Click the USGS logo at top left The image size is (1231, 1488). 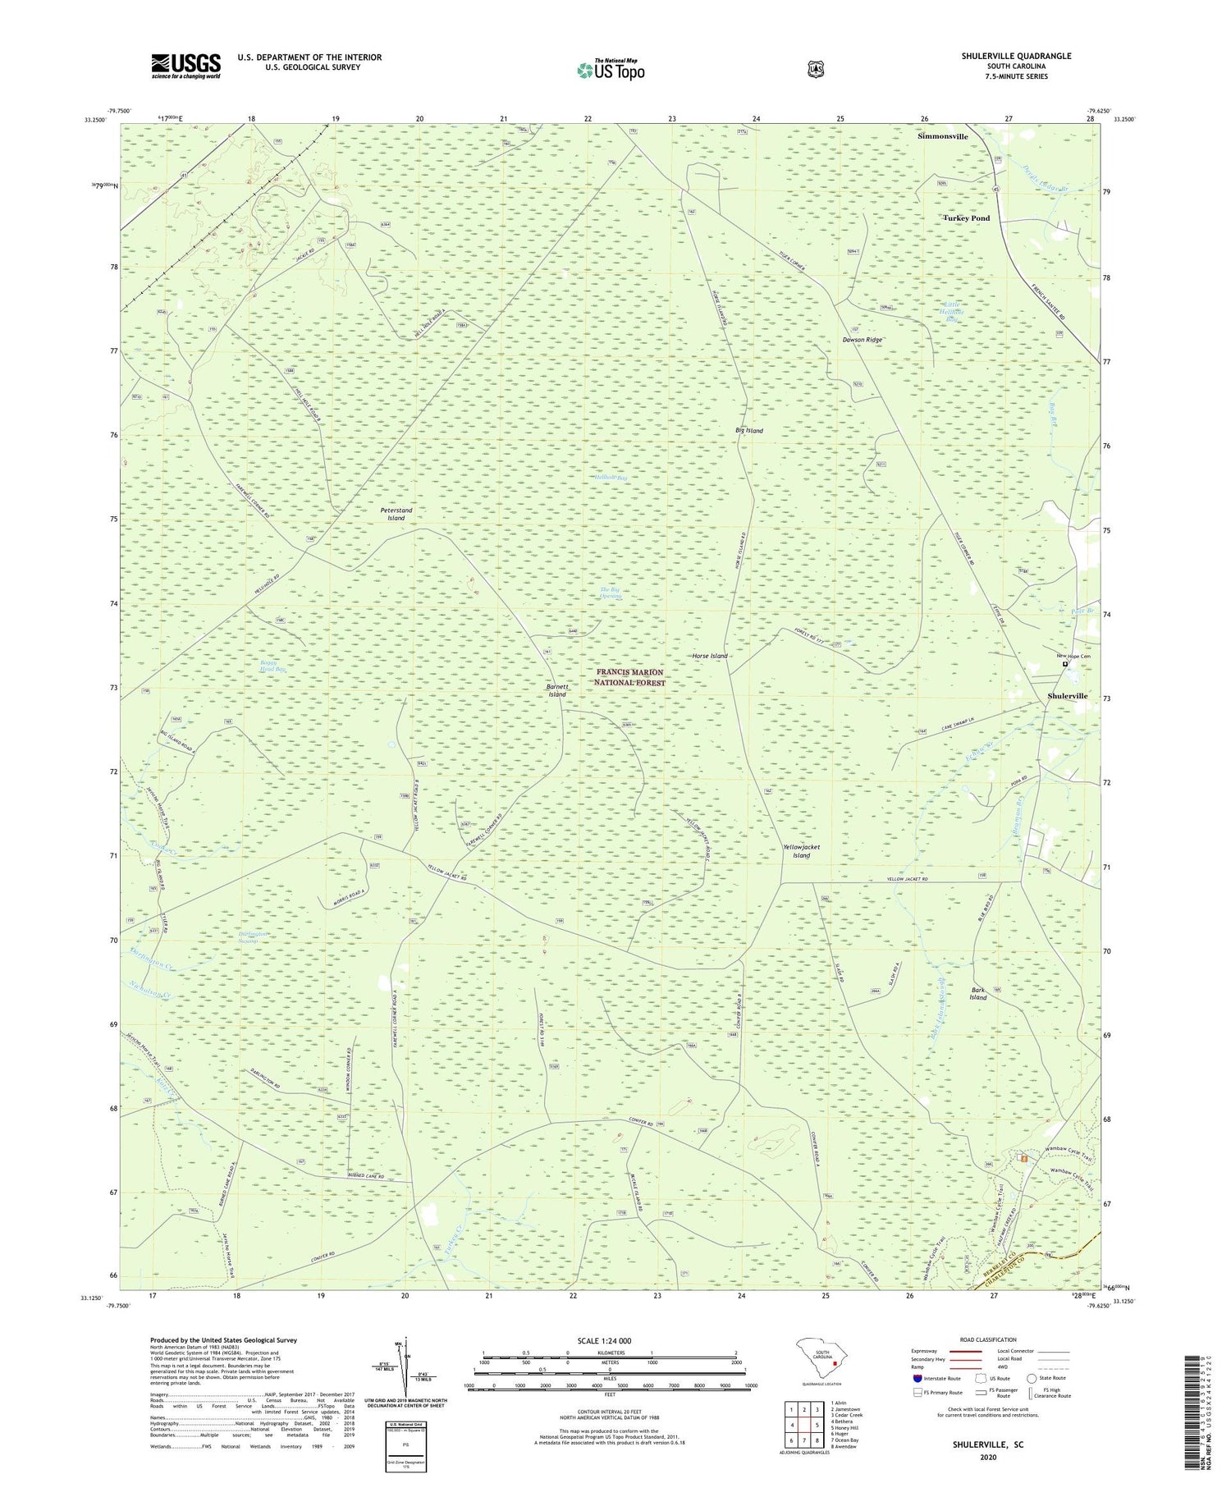point(185,66)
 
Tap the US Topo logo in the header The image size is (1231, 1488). point(611,70)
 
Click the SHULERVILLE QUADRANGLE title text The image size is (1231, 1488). point(1016,56)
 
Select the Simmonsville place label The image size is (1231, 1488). point(942,136)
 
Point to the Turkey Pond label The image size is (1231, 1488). point(966,218)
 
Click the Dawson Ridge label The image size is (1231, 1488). point(863,339)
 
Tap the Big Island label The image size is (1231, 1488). point(749,430)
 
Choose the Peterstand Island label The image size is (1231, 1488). point(396,514)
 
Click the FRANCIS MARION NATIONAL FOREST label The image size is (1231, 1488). point(630,677)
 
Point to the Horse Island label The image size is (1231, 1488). point(709,656)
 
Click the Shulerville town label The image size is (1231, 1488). point(1067,696)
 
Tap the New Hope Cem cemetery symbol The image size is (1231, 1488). point(1066,665)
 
